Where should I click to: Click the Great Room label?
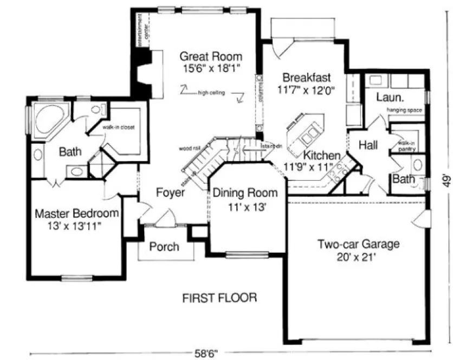[211, 56]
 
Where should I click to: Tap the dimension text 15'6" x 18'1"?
[211, 68]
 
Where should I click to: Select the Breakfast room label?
[306, 78]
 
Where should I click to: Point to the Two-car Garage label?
[358, 245]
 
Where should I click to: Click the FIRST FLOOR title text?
[219, 298]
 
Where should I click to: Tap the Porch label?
[164, 247]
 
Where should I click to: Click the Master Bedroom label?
[76, 213]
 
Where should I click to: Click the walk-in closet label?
[119, 127]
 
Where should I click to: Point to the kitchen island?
[306, 134]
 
